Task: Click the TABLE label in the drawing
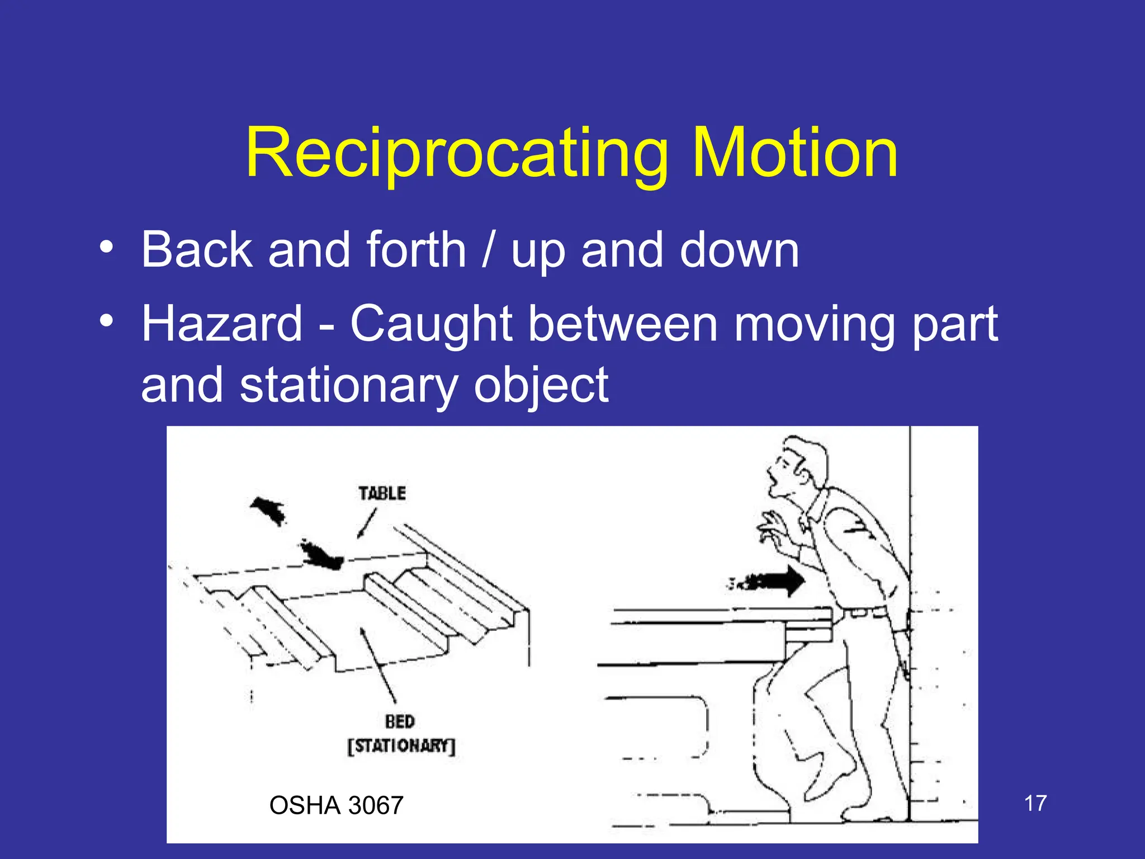coord(382,493)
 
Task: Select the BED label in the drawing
coord(400,721)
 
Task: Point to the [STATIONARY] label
coord(401,746)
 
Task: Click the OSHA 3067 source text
coord(336,805)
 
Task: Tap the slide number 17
coord(1035,803)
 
